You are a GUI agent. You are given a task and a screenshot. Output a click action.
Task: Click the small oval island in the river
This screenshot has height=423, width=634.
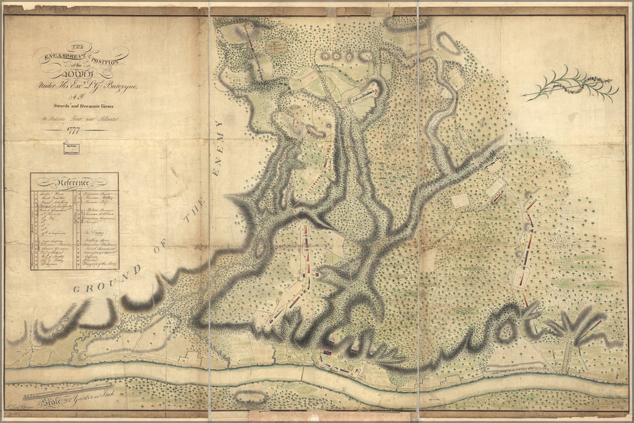(250, 397)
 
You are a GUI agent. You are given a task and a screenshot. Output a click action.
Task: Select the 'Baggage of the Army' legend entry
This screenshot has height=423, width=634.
(97, 265)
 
